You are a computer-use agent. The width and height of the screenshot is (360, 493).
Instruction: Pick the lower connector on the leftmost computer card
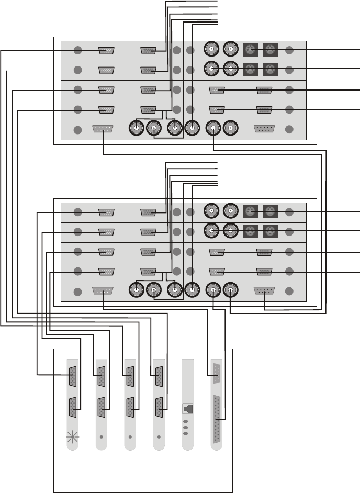pos(72,407)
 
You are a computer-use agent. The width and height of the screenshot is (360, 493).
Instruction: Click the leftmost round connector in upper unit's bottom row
pos(138,128)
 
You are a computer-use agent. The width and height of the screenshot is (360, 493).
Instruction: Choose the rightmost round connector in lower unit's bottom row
pos(231,289)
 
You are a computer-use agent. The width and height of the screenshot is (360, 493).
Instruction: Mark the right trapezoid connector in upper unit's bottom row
pos(264,129)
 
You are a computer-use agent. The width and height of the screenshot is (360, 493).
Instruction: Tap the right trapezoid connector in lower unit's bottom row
pos(264,290)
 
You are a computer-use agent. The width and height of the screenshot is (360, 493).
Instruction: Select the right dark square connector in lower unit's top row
pos(270,212)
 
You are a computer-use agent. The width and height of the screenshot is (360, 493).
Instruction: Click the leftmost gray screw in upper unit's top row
pos(77,51)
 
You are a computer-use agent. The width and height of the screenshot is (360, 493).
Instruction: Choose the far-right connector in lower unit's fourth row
pos(264,272)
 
